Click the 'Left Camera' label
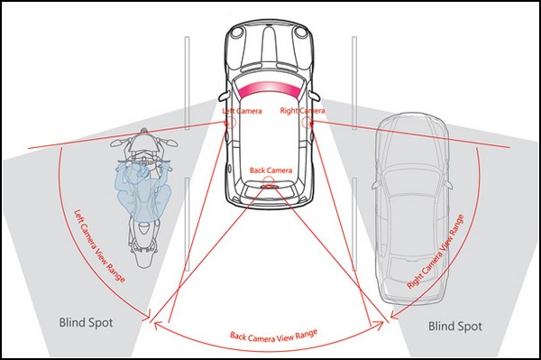[242, 111]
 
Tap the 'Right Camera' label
[302, 110]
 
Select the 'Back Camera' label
[270, 171]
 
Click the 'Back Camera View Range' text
[273, 336]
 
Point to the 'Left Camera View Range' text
[99, 245]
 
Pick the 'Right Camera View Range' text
[436, 251]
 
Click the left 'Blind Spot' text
[86, 323]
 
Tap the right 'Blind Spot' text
[455, 327]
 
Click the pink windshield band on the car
[268, 90]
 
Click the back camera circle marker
[268, 182]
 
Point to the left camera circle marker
[230, 122]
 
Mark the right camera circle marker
[307, 122]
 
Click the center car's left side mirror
[224, 96]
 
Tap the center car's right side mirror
[315, 96]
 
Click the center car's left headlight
[237, 32]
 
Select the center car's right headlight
[300, 32]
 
